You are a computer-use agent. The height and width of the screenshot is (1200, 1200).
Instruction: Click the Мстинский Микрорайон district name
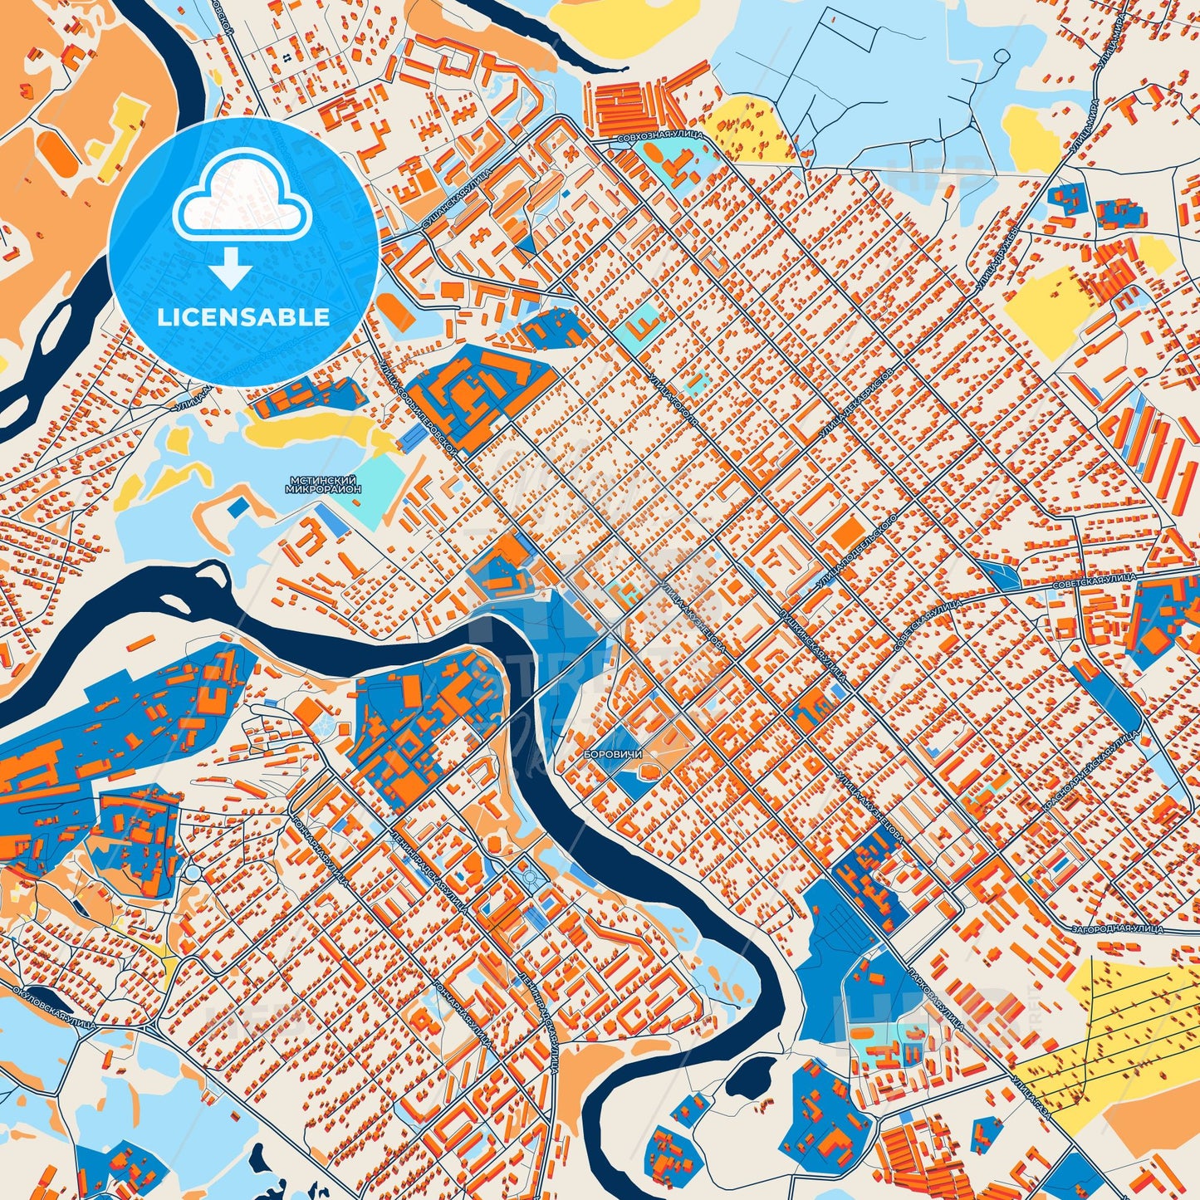coord(323,485)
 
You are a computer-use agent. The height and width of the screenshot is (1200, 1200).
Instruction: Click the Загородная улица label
coord(1116,928)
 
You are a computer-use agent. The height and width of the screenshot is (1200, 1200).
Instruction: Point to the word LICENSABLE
coord(243,317)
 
